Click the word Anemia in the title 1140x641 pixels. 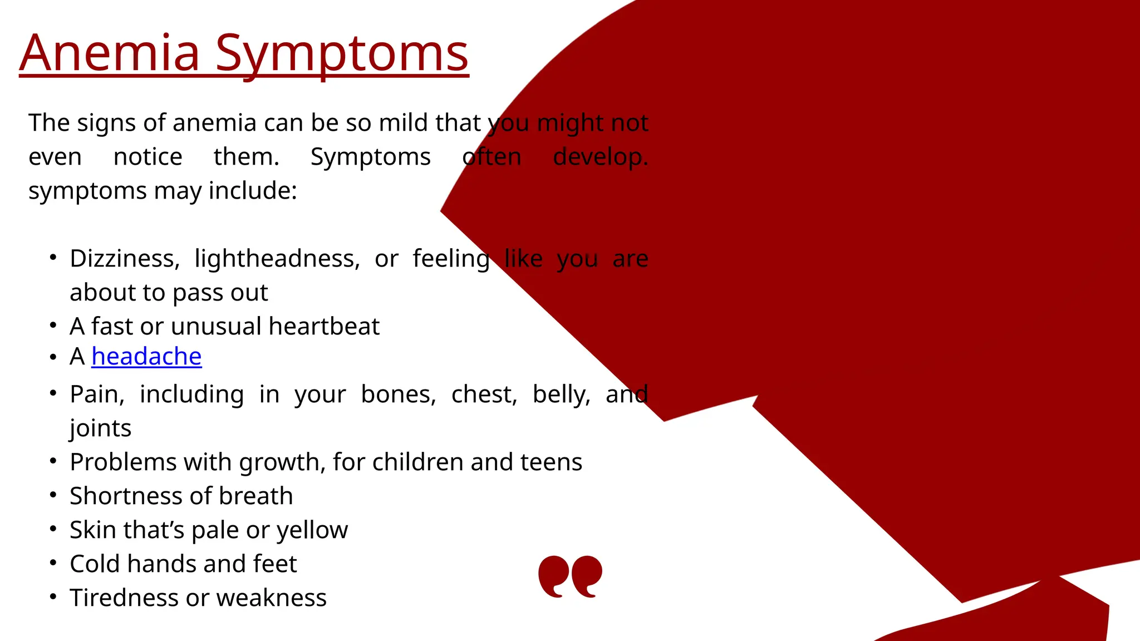tap(110, 53)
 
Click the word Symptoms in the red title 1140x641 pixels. tap(342, 53)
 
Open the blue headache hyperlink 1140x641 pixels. tap(146, 357)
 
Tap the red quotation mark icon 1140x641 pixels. tap(570, 576)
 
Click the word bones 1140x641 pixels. tap(398, 395)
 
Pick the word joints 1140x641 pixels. tap(100, 428)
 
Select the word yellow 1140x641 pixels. tap(312, 530)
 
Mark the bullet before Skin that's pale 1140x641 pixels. tap(53, 529)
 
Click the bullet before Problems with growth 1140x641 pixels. tap(53, 461)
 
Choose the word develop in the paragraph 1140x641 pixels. tap(600, 157)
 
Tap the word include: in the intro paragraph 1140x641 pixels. tap(253, 191)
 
